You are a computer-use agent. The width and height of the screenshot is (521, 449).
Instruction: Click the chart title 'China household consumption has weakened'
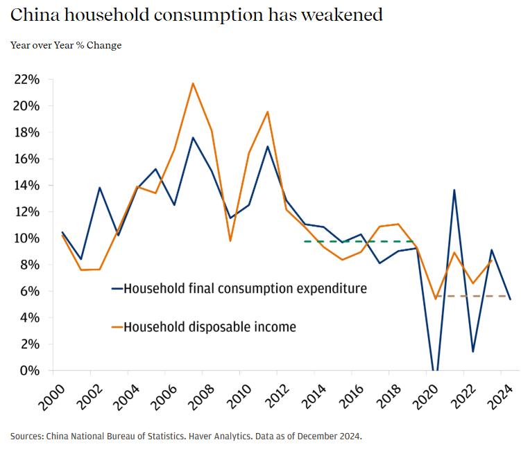[196, 14]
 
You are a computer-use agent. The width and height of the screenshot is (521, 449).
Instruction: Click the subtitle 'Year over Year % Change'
[66, 46]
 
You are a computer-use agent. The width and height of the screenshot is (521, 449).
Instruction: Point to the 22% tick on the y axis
[26, 80]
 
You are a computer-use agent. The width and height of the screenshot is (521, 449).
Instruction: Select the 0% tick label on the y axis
[30, 371]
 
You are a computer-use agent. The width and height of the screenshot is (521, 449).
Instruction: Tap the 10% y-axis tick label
[26, 238]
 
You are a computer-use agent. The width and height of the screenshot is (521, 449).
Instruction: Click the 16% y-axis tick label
[26, 159]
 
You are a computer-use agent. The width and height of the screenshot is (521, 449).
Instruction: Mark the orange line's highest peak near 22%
[193, 83]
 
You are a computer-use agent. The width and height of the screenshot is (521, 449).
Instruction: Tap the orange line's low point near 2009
[230, 240]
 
